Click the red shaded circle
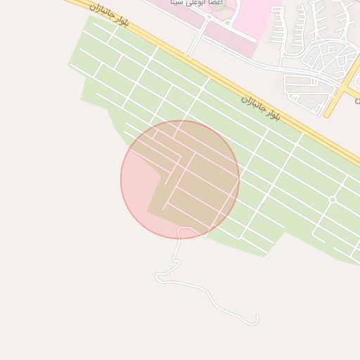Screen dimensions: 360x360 coord(180,179)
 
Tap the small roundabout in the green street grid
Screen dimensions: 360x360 coord(333,200)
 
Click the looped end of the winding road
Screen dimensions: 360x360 coord(255,321)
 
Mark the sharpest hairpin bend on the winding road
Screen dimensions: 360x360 coord(159,278)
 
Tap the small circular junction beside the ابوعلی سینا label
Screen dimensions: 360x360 coord(209,20)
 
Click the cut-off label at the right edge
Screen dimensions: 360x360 coord(356,101)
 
